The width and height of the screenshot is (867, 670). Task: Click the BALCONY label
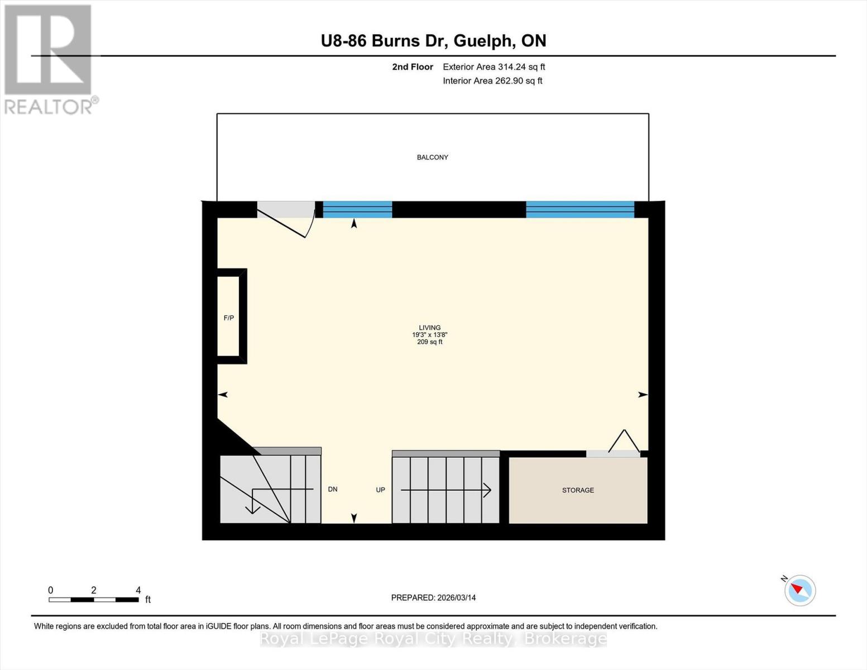432,157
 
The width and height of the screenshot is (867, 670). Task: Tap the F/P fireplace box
229,317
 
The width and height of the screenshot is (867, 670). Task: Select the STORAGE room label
578,490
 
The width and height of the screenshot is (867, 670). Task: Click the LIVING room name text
430,328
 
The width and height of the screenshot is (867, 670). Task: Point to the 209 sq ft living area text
430,342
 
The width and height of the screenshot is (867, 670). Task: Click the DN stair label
333,490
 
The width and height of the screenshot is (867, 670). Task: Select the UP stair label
380,490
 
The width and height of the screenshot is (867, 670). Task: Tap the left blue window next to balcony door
357,209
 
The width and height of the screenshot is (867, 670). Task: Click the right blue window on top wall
579,209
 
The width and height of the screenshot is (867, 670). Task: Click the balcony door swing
285,221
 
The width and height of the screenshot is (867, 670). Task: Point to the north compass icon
799,590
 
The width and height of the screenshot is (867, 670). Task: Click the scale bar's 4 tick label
138,590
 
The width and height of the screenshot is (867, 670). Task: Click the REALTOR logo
49,59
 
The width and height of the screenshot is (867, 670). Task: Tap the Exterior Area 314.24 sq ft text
494,67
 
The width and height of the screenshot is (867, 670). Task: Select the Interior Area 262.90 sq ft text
492,81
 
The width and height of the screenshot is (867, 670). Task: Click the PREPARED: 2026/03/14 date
433,598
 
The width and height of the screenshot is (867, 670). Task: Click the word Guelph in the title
483,41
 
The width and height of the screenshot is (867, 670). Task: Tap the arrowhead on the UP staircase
487,490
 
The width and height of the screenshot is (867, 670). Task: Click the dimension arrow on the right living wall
643,395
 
